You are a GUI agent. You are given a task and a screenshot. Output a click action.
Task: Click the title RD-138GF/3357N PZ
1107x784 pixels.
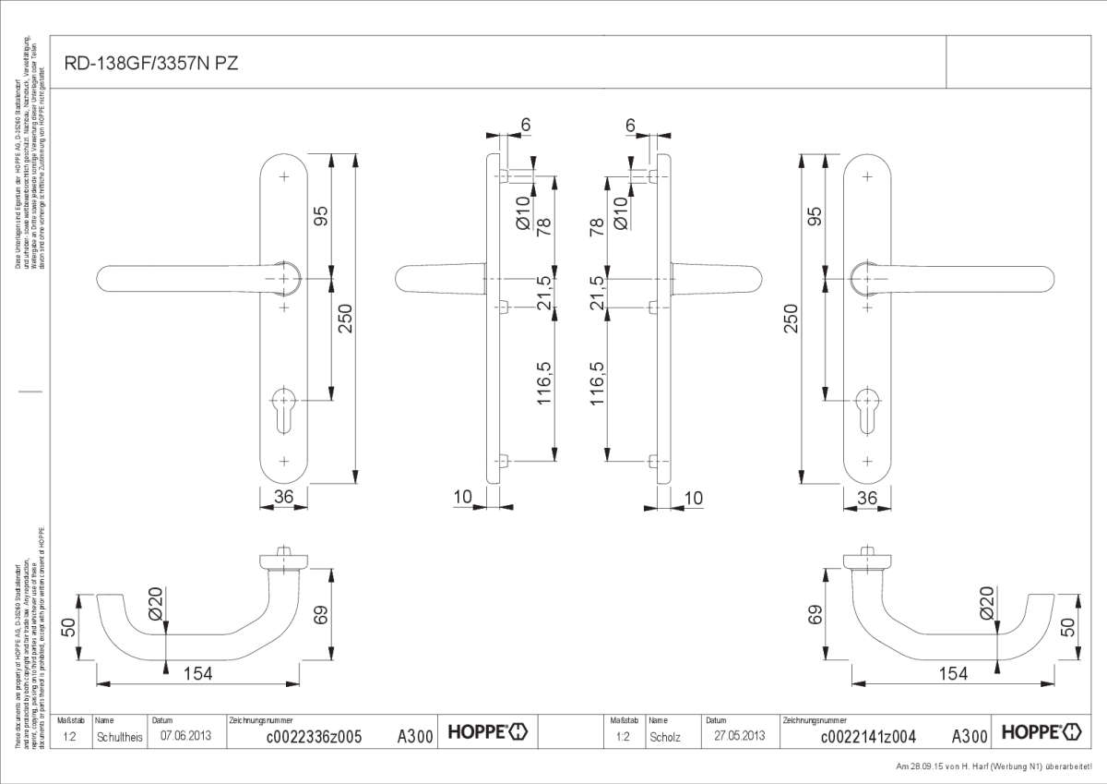(x=139, y=64)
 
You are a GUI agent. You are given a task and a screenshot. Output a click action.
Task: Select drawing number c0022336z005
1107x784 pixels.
(x=314, y=737)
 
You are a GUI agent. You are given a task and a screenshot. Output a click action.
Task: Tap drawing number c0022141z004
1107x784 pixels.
(x=867, y=737)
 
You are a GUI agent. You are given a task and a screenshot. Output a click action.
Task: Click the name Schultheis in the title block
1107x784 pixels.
(x=119, y=737)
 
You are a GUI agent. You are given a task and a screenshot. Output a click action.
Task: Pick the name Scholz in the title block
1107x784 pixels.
(x=664, y=737)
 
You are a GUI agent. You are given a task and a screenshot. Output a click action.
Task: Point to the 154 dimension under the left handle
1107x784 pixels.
(x=196, y=674)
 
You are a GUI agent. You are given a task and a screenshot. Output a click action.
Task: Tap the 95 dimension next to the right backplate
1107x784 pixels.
(x=814, y=217)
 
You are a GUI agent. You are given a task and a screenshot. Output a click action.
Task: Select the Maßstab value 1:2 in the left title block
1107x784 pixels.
(x=70, y=737)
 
